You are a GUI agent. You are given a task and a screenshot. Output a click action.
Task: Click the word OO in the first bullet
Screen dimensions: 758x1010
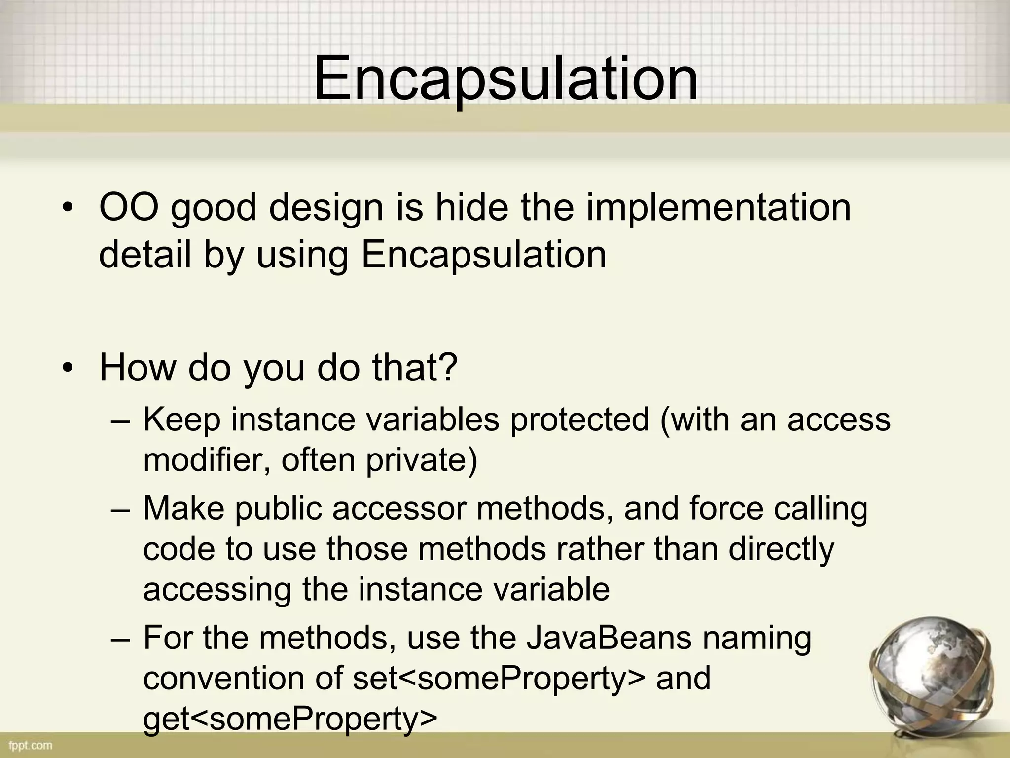pos(129,207)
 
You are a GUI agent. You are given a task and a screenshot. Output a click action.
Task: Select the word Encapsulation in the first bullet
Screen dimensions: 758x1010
pos(483,255)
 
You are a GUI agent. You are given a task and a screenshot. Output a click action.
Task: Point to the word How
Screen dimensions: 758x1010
pos(138,367)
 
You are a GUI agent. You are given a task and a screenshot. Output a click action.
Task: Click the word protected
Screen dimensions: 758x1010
pos(579,419)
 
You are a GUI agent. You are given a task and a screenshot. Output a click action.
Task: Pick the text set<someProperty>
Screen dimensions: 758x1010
pos(499,678)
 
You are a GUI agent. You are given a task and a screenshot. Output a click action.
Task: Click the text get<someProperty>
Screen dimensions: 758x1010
pos(290,719)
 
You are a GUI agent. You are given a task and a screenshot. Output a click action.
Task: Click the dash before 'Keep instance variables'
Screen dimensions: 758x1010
pos(120,420)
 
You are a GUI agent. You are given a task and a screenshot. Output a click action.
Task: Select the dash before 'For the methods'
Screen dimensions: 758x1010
pos(120,639)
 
